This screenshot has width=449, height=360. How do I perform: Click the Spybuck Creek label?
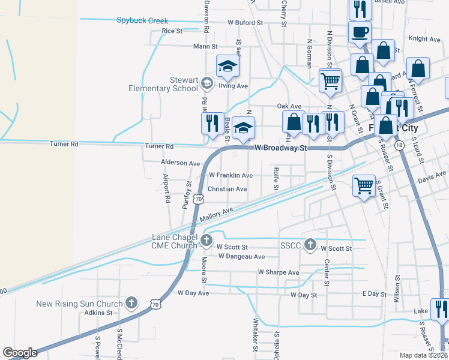[142, 20]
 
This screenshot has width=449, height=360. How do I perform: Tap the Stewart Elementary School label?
[163, 84]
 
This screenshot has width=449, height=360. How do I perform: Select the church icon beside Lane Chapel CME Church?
[206, 241]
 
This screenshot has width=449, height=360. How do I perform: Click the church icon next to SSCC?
[310, 244]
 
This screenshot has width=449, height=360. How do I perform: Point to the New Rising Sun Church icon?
[131, 304]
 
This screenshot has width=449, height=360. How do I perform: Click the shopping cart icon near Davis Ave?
[364, 186]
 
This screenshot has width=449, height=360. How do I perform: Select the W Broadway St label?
[281, 148]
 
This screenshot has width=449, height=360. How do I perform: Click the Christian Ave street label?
[227, 189]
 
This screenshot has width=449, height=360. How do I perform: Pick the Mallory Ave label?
[216, 214]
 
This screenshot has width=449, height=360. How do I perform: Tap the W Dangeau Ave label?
[241, 257]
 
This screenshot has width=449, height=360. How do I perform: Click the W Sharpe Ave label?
[278, 272]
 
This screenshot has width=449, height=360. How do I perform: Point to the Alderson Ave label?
[180, 163]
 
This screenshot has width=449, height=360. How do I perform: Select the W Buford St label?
[245, 22]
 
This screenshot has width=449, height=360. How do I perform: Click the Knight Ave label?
[424, 39]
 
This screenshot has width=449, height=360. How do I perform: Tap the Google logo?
[20, 353]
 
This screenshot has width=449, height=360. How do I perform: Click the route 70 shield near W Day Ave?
[155, 304]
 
